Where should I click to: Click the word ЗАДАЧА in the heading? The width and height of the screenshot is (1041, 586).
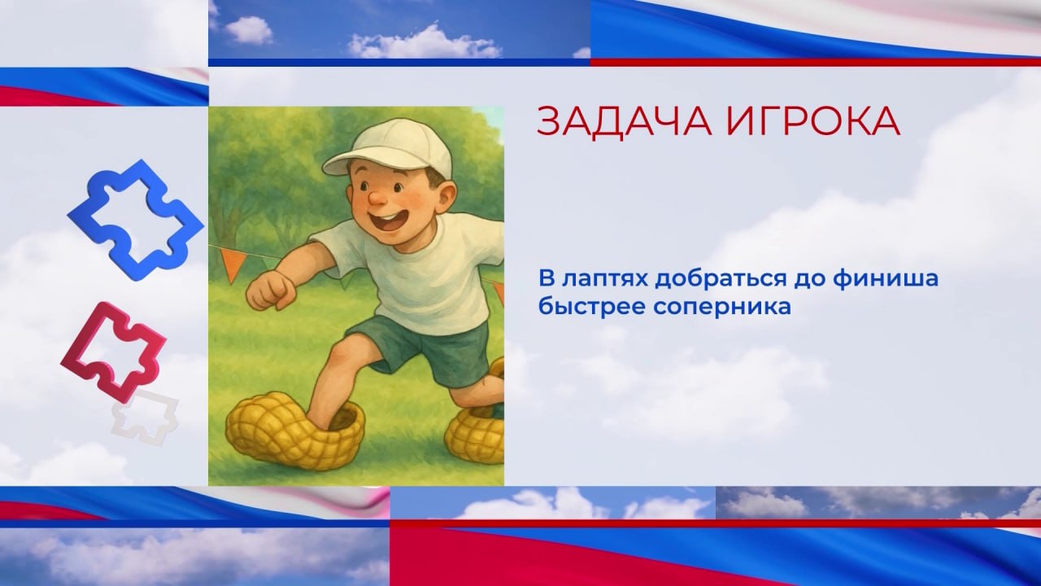point(624,121)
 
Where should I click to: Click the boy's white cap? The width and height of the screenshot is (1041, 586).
point(390,148)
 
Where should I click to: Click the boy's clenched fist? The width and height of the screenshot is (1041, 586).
point(271,291)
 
